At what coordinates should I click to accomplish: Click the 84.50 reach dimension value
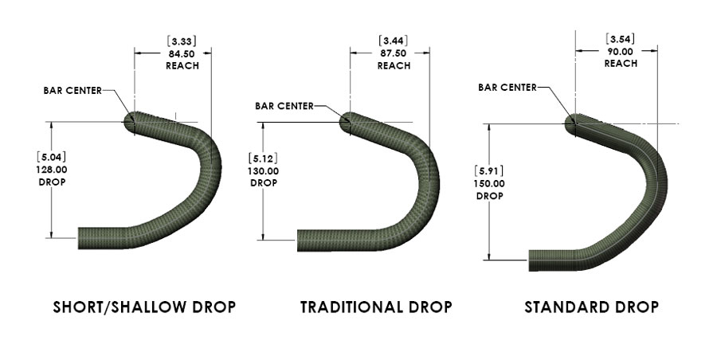click(x=182, y=53)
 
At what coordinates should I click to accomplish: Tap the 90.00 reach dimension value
click(x=621, y=50)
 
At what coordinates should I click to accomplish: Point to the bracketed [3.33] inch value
click(x=182, y=40)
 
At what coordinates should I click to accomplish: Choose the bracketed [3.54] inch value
click(x=621, y=38)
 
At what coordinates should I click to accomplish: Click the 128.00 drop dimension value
click(x=50, y=169)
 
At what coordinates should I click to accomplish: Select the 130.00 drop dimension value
click(x=264, y=170)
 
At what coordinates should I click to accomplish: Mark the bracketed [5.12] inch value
click(x=264, y=158)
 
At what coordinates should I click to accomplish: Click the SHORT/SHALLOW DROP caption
click(x=144, y=307)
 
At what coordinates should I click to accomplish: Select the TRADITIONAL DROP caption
click(x=376, y=307)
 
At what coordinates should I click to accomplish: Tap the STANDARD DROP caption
click(x=591, y=307)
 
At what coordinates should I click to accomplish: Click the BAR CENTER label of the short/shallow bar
click(x=72, y=90)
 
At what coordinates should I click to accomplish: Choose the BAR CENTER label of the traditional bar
click(x=284, y=105)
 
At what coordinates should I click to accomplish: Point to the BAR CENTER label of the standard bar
click(x=507, y=88)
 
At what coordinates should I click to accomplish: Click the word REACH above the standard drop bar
click(x=621, y=63)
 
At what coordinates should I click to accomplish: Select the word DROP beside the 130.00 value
click(x=264, y=182)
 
